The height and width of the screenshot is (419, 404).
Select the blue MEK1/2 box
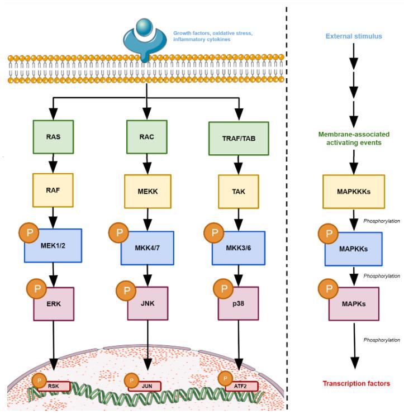coord(54,246)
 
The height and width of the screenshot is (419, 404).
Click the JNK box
coord(148,304)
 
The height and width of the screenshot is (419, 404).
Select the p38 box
coord(239,304)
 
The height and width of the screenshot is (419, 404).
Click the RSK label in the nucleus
coord(55,385)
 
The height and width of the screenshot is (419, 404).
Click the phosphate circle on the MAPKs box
coord(330,288)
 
